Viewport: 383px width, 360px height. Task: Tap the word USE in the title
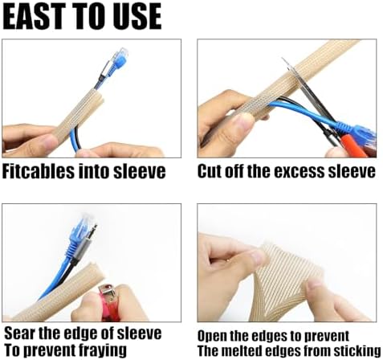pyautogui.click(x=137, y=16)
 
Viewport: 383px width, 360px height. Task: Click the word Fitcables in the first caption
pyautogui.click(x=38, y=171)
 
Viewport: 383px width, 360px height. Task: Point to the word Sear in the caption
pyautogui.click(x=20, y=333)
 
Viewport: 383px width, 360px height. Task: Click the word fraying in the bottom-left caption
pyautogui.click(x=103, y=350)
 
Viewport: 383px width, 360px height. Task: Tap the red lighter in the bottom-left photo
pyautogui.click(x=109, y=304)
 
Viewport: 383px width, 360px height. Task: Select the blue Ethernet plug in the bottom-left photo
pyautogui.click(x=82, y=234)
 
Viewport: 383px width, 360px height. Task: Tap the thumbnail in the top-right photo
pyautogui.click(x=242, y=123)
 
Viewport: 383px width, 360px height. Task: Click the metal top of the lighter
pyautogui.click(x=106, y=292)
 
